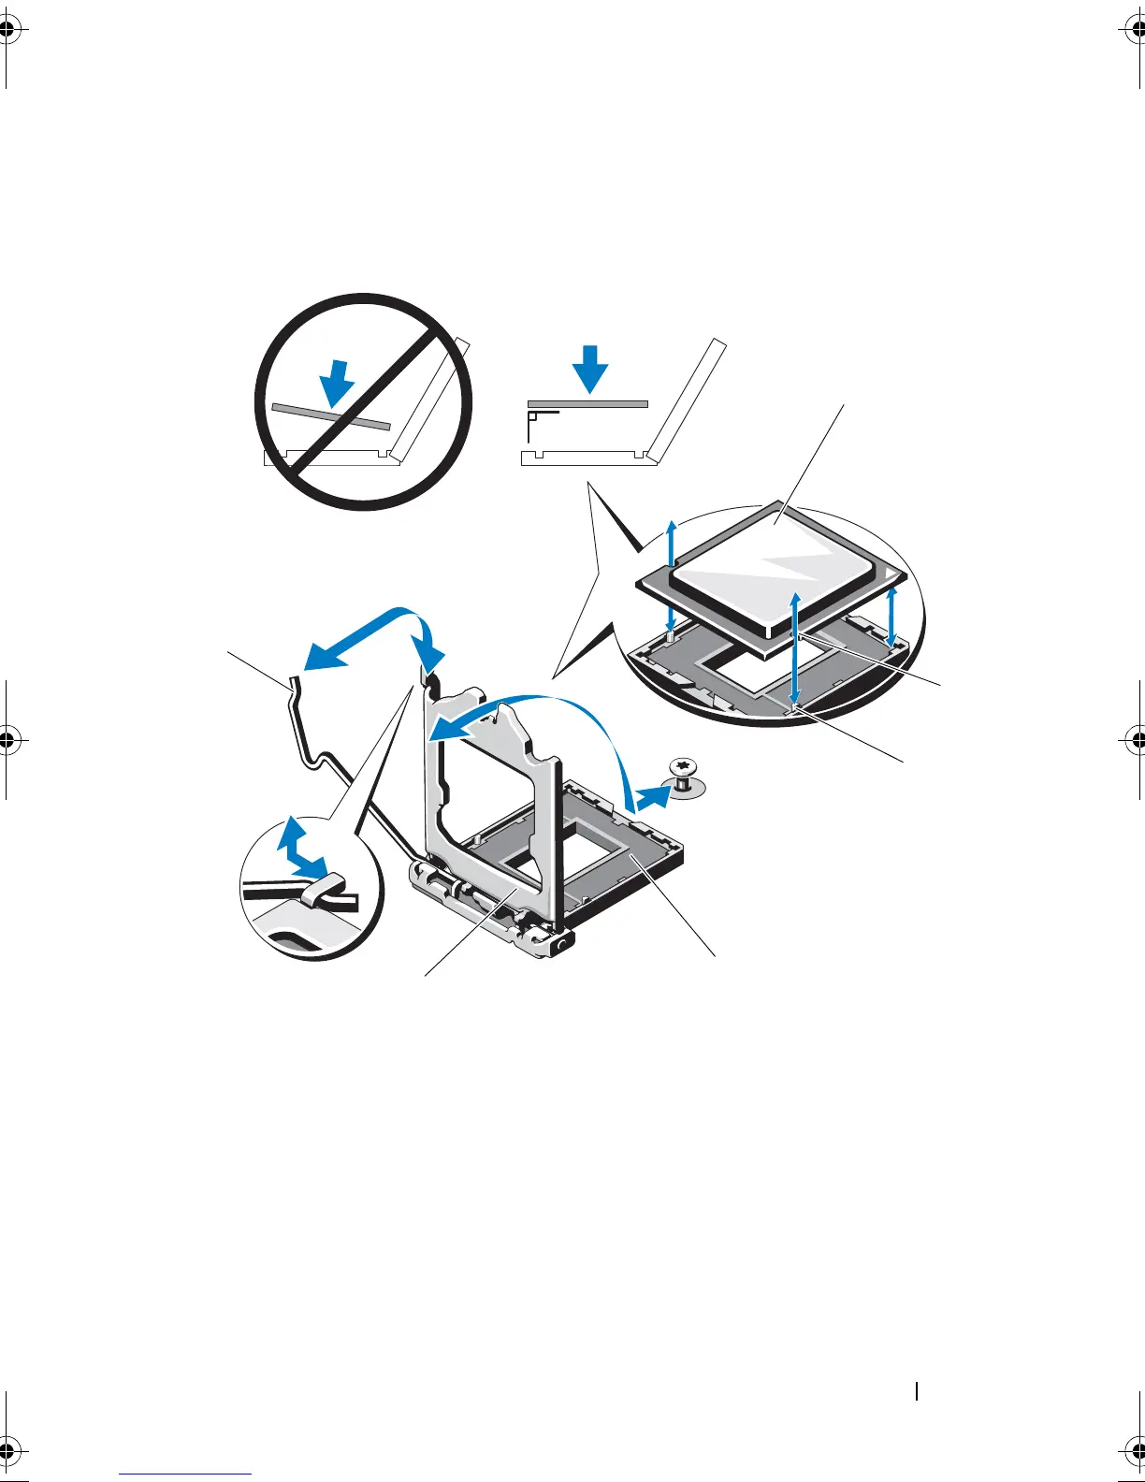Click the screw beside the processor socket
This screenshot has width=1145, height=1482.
click(x=684, y=774)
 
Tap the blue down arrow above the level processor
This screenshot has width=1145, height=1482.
click(x=589, y=367)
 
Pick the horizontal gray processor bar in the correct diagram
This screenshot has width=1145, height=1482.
click(x=587, y=403)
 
